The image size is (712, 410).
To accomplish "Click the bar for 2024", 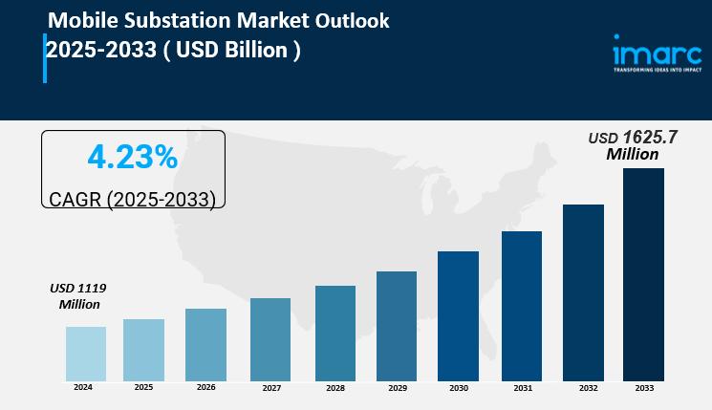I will [86, 354].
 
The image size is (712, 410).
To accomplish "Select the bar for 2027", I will [270, 339].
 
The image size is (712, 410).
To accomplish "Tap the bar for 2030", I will [458, 315].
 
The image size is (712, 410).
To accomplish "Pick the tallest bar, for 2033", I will [643, 274].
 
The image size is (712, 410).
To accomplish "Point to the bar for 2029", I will [397, 326].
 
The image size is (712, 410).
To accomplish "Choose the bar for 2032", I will [583, 291].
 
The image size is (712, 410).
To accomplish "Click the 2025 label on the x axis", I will [143, 387].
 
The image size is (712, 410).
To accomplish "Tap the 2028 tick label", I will [334, 388].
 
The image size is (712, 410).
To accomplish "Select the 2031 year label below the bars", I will [522, 388].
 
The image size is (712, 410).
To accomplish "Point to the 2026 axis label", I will [205, 387].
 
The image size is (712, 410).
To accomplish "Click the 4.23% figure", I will [132, 158].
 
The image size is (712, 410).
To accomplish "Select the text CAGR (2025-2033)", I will [132, 199].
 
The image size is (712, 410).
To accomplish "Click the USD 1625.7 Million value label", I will [633, 145].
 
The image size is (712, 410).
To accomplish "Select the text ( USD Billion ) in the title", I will [233, 50].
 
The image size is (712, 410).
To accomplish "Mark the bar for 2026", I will [205, 344].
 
